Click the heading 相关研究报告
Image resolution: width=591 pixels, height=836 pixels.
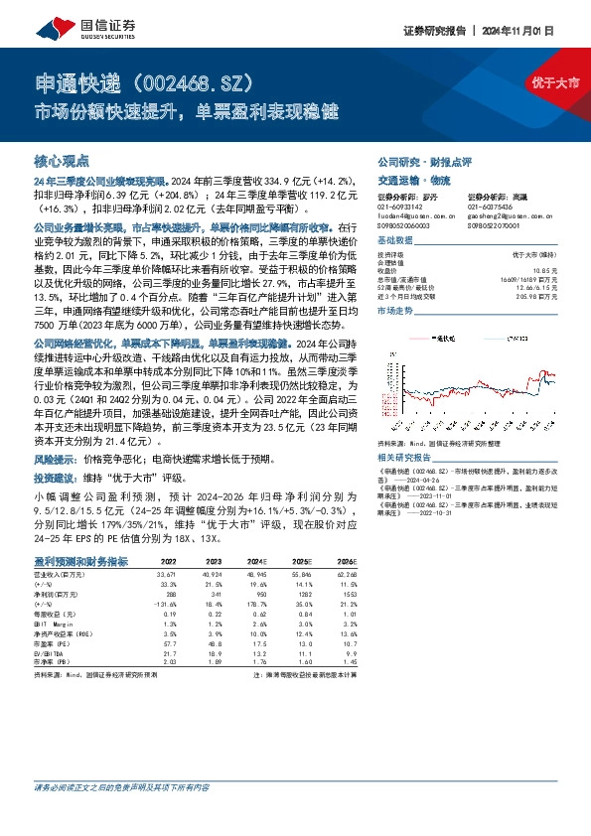pos(406,457)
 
